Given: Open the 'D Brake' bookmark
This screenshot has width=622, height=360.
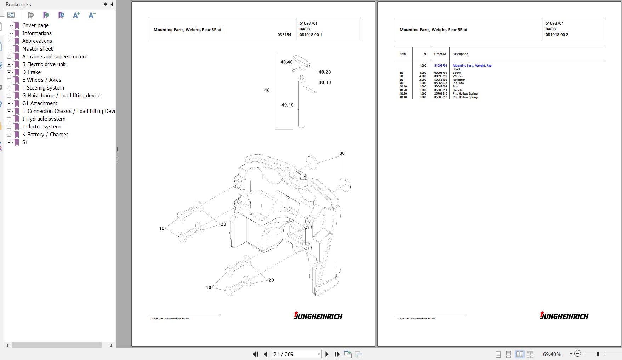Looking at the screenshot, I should (31, 72).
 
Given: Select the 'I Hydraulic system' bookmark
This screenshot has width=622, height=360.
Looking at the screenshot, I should (44, 119).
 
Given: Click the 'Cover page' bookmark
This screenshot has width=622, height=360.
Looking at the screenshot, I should (35, 25).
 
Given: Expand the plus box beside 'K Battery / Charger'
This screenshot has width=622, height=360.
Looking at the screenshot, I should (9, 135).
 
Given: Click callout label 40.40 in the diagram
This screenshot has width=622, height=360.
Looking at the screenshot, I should (286, 62).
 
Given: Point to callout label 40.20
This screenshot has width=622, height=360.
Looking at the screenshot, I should (324, 72).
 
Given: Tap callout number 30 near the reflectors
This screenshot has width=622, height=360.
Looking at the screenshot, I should (342, 153).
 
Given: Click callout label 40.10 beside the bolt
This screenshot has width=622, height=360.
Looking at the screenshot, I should (287, 105).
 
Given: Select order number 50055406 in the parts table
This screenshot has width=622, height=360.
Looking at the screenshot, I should (440, 80).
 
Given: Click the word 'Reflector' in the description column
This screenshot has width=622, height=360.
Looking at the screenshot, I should (458, 80).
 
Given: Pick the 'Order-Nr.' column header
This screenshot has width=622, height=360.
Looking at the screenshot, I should (440, 54).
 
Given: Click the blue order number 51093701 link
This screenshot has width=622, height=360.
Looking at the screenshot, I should (440, 65).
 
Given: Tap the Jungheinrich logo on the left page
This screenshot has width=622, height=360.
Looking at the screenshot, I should (318, 315).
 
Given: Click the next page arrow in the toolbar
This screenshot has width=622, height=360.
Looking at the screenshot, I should (327, 354).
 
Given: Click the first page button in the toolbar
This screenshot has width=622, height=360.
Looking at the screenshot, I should (255, 354).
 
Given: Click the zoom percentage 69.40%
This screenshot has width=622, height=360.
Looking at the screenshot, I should (552, 354).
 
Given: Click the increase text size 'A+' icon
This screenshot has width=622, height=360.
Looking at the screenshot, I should (76, 15).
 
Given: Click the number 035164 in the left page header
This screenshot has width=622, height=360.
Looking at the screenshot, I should (284, 35).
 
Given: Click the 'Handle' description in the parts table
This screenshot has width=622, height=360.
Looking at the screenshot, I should (457, 90).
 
